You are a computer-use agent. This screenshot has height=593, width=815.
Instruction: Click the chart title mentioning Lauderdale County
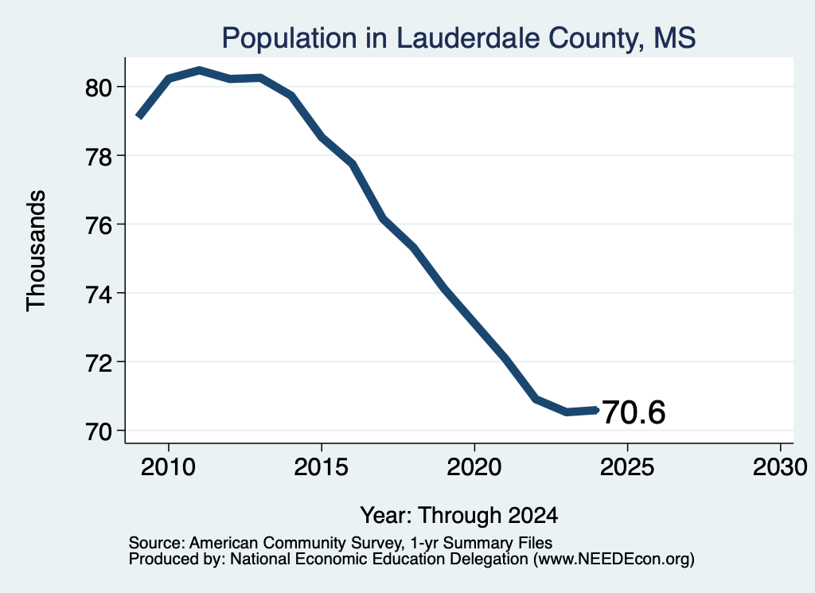(x=458, y=39)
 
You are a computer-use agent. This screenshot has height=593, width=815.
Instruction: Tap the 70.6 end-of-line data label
(x=634, y=412)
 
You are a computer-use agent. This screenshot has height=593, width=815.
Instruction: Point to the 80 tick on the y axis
(x=99, y=88)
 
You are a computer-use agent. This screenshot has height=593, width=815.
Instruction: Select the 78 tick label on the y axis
(x=99, y=156)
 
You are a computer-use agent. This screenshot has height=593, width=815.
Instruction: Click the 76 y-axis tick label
(x=99, y=225)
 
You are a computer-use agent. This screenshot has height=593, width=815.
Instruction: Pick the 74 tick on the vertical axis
(x=99, y=294)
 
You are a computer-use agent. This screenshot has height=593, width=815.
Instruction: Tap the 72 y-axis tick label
(x=99, y=362)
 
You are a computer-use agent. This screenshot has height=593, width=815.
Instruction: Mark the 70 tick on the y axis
(x=99, y=431)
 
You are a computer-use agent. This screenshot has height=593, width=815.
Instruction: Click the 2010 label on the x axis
(x=169, y=467)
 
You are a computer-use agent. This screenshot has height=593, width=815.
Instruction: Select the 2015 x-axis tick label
(x=322, y=467)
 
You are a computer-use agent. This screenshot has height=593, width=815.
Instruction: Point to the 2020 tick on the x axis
(x=474, y=467)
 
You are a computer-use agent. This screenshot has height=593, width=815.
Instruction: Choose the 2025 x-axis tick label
(x=627, y=467)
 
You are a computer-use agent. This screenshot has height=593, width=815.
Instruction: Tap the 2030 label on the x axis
(x=780, y=467)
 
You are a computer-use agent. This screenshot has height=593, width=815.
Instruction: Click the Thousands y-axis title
(x=37, y=251)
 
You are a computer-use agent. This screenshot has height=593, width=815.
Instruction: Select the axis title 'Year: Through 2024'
(x=459, y=516)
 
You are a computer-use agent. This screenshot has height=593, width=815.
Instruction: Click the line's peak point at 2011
(x=199, y=70)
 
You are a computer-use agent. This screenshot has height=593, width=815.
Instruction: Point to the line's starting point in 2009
(x=138, y=116)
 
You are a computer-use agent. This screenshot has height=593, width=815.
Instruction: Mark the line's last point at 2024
(x=596, y=410)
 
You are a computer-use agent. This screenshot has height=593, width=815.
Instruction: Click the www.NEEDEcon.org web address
(x=614, y=560)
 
